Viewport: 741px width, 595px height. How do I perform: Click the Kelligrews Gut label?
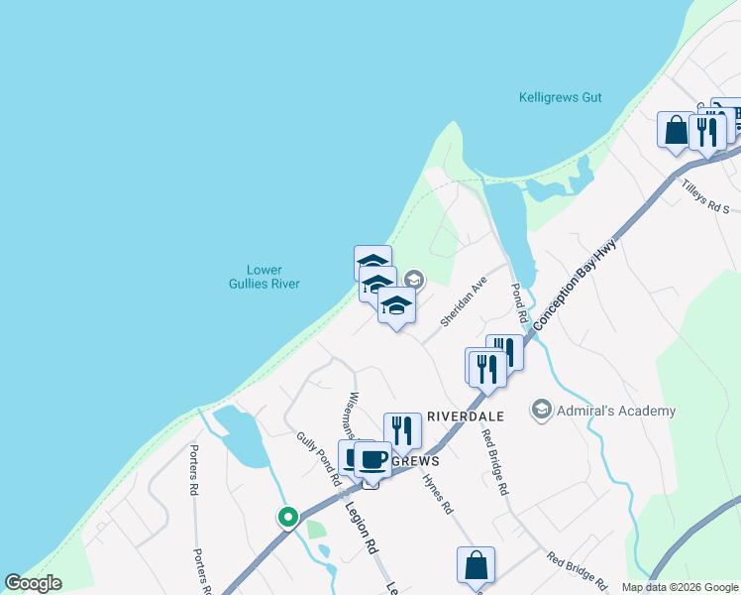pos(560,98)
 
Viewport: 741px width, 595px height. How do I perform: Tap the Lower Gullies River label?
pos(272,277)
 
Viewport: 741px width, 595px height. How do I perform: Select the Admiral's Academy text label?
pos(615,411)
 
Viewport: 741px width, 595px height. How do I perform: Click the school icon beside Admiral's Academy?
pos(541,410)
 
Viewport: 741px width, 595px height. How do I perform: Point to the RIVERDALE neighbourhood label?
pos(466,417)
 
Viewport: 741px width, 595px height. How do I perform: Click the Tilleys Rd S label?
pos(704,195)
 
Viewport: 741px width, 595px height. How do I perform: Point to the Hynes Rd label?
pos(437,493)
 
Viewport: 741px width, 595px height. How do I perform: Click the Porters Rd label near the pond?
pos(194,469)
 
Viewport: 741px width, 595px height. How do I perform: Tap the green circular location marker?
pos(287,517)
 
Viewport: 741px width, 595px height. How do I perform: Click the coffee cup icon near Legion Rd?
pos(372,459)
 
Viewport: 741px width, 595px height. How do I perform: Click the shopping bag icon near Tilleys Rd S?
pos(676,130)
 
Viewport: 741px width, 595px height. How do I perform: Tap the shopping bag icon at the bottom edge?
pos(476,565)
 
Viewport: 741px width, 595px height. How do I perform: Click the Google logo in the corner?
pos(33,583)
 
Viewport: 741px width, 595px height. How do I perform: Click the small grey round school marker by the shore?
pos(414,281)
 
